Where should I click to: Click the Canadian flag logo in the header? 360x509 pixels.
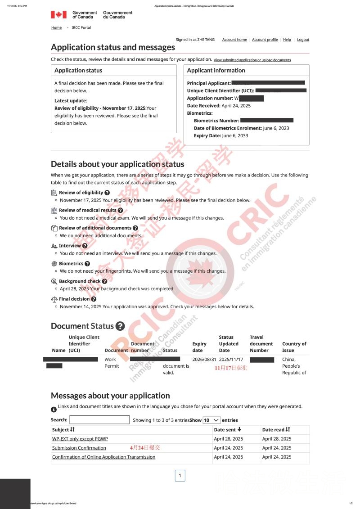coord(58,15)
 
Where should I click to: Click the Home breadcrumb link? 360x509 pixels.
coord(56,27)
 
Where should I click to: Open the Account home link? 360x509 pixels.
coord(234,40)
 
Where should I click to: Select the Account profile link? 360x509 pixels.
coord(265,40)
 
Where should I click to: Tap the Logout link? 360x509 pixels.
coord(303,40)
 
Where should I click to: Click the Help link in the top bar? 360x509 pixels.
coord(287,40)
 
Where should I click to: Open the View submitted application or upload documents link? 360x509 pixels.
coord(252,60)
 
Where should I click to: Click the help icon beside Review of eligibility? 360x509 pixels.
coord(107,193)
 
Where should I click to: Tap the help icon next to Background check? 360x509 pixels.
coord(104,281)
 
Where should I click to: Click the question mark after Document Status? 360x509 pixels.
coord(120,326)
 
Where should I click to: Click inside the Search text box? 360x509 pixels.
coord(99,420)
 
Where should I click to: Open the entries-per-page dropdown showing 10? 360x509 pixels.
coord(211,420)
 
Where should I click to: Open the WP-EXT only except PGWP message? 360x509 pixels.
coord(80,439)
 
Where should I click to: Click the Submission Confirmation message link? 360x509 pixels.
coord(79,448)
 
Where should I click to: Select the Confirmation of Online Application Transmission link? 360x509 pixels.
coord(103,457)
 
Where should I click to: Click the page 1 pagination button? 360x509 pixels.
coord(180,476)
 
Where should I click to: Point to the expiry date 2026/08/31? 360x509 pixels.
coord(204,360)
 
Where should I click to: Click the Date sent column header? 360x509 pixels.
coord(228,430)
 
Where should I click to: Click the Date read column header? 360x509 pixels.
coord(276,430)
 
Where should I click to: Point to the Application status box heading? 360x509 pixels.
coord(78,70)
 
